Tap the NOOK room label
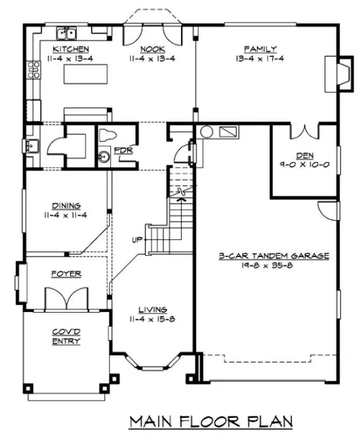151,50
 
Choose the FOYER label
66,273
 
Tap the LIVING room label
152,309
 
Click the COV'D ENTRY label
65,337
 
